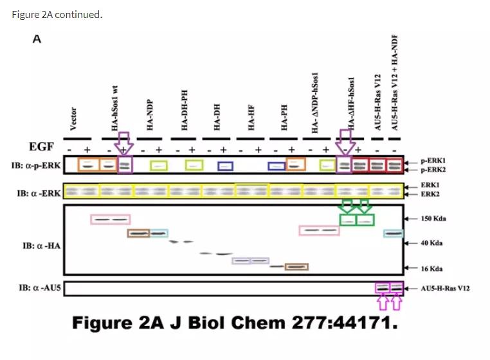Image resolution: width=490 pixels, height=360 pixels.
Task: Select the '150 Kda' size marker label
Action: point(434,219)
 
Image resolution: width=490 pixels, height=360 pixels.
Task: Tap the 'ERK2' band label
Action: point(430,194)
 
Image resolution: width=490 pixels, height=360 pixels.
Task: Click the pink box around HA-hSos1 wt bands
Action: point(111,219)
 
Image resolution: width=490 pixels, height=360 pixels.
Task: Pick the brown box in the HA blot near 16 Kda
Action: point(296,266)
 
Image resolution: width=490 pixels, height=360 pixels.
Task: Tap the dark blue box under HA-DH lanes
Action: point(224,165)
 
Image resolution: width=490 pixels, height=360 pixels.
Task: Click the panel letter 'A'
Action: point(37,39)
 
